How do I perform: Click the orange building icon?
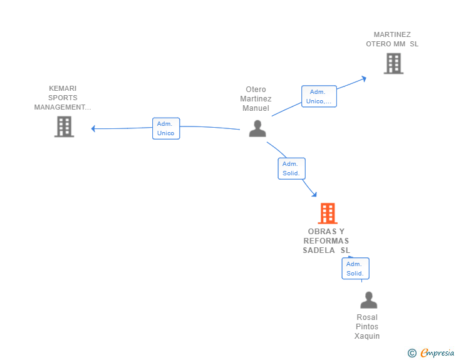coord(328,213)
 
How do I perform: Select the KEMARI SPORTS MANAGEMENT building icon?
coord(65,126)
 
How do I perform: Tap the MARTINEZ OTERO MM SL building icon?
coord(393,63)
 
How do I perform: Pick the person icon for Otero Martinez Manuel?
coord(257,128)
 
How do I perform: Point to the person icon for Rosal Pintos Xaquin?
coord(368,300)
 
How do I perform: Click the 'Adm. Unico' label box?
coord(166,128)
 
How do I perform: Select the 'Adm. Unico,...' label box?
coord(319,96)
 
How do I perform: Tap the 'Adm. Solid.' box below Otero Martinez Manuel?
coord(292,168)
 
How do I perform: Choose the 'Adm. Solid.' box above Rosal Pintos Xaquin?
coord(355,269)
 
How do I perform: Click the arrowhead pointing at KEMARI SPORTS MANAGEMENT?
coord(93,128)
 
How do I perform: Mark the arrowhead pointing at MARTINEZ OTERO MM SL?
coord(363,78)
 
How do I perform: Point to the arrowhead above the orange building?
coord(314,194)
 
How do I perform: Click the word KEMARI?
coord(63,88)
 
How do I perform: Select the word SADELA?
coord(319,250)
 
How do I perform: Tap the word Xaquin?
coord(367,336)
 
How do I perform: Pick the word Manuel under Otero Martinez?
coord(256,108)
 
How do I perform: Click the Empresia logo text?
coord(437,352)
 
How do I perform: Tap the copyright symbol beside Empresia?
coord(412,353)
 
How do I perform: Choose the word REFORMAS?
coord(326,241)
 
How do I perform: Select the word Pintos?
coord(367,327)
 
